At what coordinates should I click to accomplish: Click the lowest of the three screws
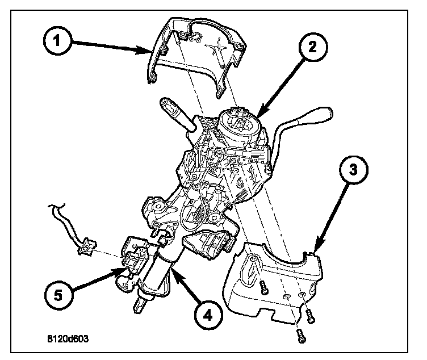coord(300,336)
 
